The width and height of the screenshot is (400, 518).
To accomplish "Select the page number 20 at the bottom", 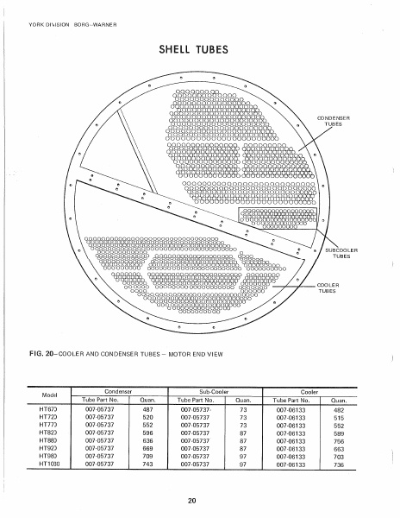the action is coord(200,500).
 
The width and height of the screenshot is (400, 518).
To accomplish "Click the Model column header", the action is coord(48,395).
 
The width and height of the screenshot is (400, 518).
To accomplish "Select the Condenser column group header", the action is coord(112,391).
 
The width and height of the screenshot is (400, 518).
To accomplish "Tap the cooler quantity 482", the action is coord(339,409).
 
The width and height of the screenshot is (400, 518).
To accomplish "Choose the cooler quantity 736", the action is coord(339,464).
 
